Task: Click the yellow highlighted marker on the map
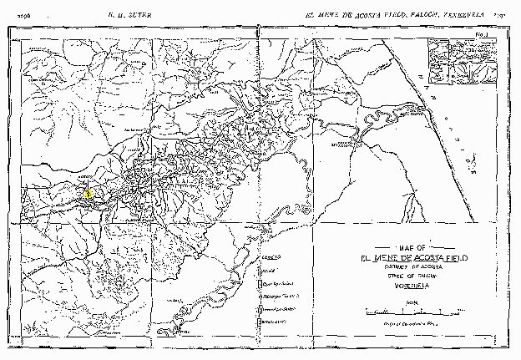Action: coord(88,194)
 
